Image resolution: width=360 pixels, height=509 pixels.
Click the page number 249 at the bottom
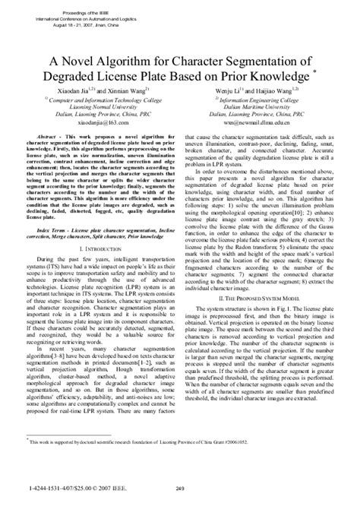pyautogui.click(x=180, y=488)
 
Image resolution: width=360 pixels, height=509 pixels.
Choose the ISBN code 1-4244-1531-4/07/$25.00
pyautogui.click(x=54, y=488)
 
